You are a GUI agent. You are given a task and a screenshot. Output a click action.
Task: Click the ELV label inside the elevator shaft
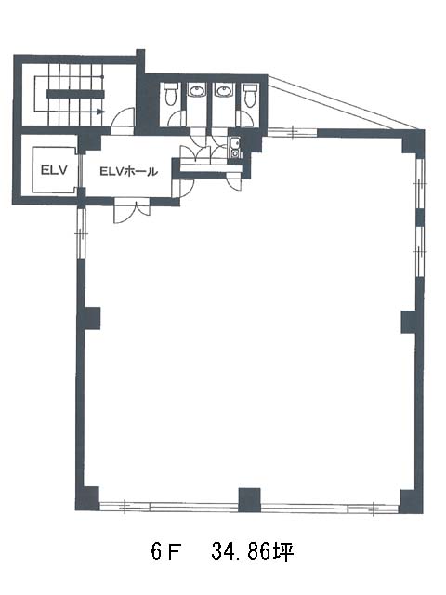tap(54, 169)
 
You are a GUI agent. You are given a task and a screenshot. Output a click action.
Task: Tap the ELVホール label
tap(128, 171)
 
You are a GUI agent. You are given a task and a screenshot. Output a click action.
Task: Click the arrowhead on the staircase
tap(100, 112)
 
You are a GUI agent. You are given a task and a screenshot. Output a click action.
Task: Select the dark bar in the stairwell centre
tap(75, 94)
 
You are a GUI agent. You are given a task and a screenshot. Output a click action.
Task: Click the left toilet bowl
tap(171, 93)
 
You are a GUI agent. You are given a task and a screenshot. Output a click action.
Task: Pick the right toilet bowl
tap(250, 95)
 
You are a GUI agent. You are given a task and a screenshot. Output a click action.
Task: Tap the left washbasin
tap(196, 90)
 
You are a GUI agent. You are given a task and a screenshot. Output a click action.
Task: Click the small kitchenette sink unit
tap(234, 147)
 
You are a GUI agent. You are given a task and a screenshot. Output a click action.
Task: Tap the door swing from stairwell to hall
tap(123, 121)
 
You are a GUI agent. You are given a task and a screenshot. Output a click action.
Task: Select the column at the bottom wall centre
tap(249, 500)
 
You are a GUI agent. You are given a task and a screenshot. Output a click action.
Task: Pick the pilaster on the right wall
tap(410, 323)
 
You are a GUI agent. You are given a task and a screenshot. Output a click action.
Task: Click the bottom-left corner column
tap(87, 498)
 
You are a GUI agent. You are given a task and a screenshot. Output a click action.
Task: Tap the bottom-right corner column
tap(412, 501)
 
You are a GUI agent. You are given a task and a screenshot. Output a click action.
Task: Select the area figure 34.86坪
tap(253, 551)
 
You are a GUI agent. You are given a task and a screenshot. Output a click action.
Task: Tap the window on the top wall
tap(293, 132)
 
